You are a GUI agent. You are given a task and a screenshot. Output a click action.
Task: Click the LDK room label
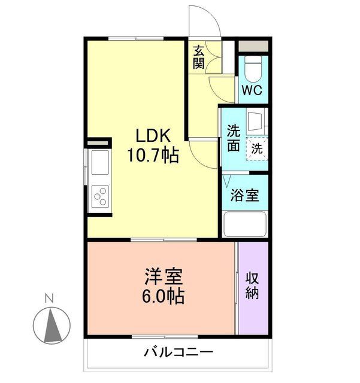tap(151, 135)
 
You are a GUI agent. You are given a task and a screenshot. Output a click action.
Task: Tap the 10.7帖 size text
tap(152, 156)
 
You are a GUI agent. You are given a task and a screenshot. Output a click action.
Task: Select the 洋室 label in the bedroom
tap(163, 277)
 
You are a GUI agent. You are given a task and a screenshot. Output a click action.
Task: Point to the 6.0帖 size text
tap(163, 296)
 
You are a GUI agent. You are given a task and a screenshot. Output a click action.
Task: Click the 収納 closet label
tap(252, 285)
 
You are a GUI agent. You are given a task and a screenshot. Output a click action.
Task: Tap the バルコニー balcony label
tap(177, 352)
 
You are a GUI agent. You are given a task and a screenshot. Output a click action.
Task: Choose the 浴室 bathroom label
tap(245, 196)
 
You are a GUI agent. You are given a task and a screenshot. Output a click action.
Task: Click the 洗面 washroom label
tap(233, 138)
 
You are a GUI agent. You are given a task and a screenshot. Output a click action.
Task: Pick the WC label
tap(252, 92)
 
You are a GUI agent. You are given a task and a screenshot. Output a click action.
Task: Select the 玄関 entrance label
tap(198, 57)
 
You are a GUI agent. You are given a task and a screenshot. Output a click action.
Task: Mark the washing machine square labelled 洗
tap(256, 148)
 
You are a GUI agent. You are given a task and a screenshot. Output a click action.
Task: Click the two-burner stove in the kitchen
tap(100, 196)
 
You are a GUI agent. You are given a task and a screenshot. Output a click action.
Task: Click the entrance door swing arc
tap(204, 21)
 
